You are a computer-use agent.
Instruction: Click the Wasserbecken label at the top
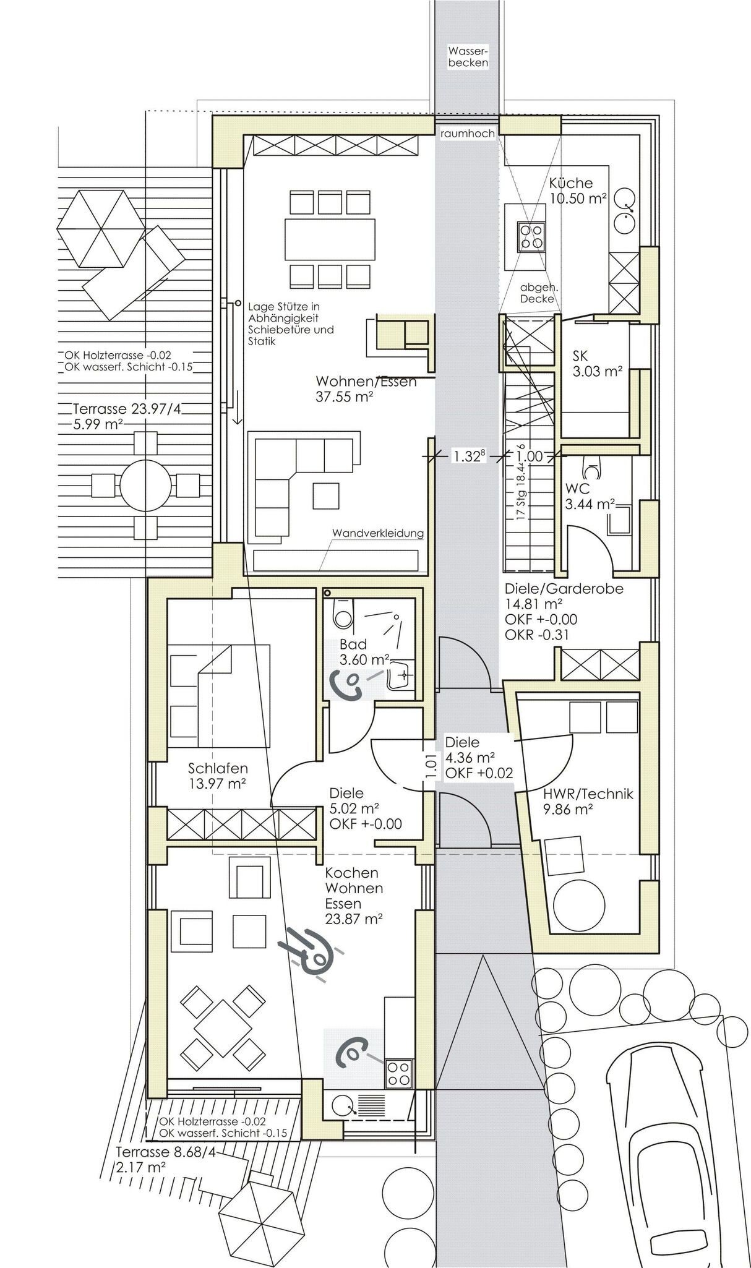[468, 57]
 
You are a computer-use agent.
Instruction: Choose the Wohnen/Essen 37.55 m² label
[366, 389]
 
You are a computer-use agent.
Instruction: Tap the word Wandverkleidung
[378, 533]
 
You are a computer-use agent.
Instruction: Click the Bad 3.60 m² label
[364, 653]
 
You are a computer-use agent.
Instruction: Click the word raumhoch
[468, 133]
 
